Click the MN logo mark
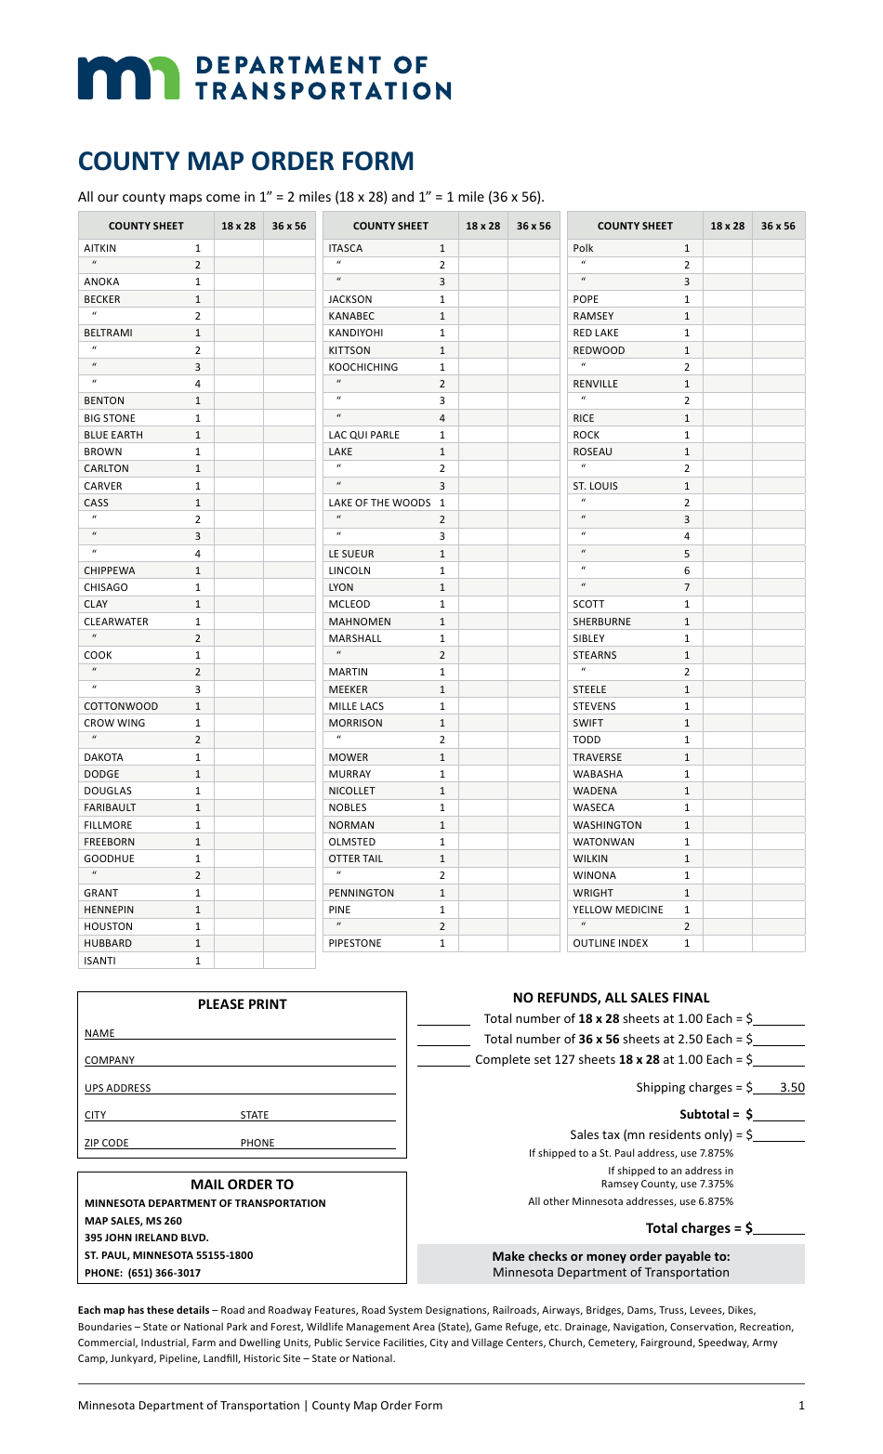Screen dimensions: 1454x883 pos(128,77)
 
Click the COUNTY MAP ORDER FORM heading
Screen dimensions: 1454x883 pos(245,161)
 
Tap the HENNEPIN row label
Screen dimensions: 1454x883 pos(109,910)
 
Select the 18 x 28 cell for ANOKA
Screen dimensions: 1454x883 pos(239,282)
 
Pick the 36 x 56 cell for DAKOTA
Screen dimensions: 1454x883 pos(289,757)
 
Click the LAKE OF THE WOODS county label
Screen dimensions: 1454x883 pos(379,503)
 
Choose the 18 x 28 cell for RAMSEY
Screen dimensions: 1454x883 pos(728,316)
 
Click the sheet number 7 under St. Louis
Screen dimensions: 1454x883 pos(687,587)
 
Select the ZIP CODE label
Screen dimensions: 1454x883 pos(107,1143)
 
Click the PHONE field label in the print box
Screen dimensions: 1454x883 pos(257,1143)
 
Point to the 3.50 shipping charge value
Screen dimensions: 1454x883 pos(791,1087)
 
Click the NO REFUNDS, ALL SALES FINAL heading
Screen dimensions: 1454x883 pos(611,998)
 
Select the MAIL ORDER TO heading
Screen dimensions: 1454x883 pos(242,1185)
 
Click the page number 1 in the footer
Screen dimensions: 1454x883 pos(801,1406)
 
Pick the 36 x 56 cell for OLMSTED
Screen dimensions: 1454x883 pos(534,842)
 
